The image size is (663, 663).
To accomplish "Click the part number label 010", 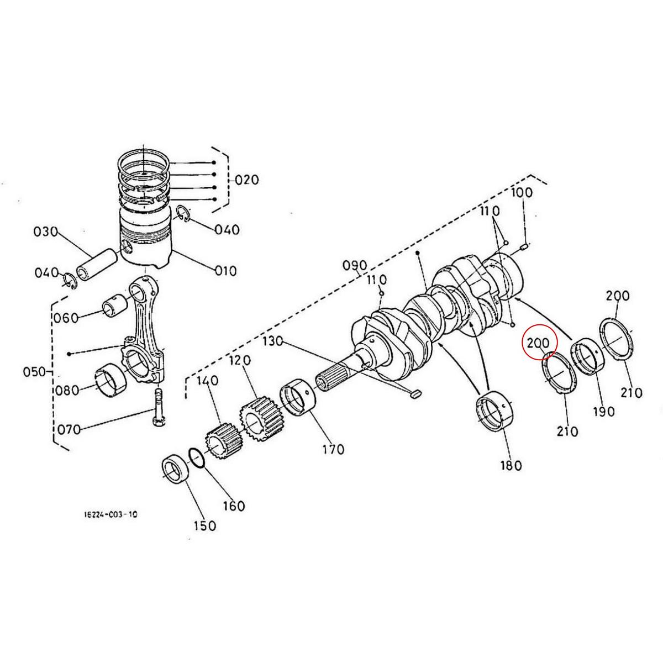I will coord(226,271).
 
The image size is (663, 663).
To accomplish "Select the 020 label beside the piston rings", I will coord(246,180).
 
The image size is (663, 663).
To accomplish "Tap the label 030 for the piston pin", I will coord(45,231).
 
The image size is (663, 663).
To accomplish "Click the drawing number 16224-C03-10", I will coord(110,514).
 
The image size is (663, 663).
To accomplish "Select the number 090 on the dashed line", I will coord(355,266).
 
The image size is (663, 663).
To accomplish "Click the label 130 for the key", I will coord(272,341).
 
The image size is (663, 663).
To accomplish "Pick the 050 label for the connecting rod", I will coord(34,371).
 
